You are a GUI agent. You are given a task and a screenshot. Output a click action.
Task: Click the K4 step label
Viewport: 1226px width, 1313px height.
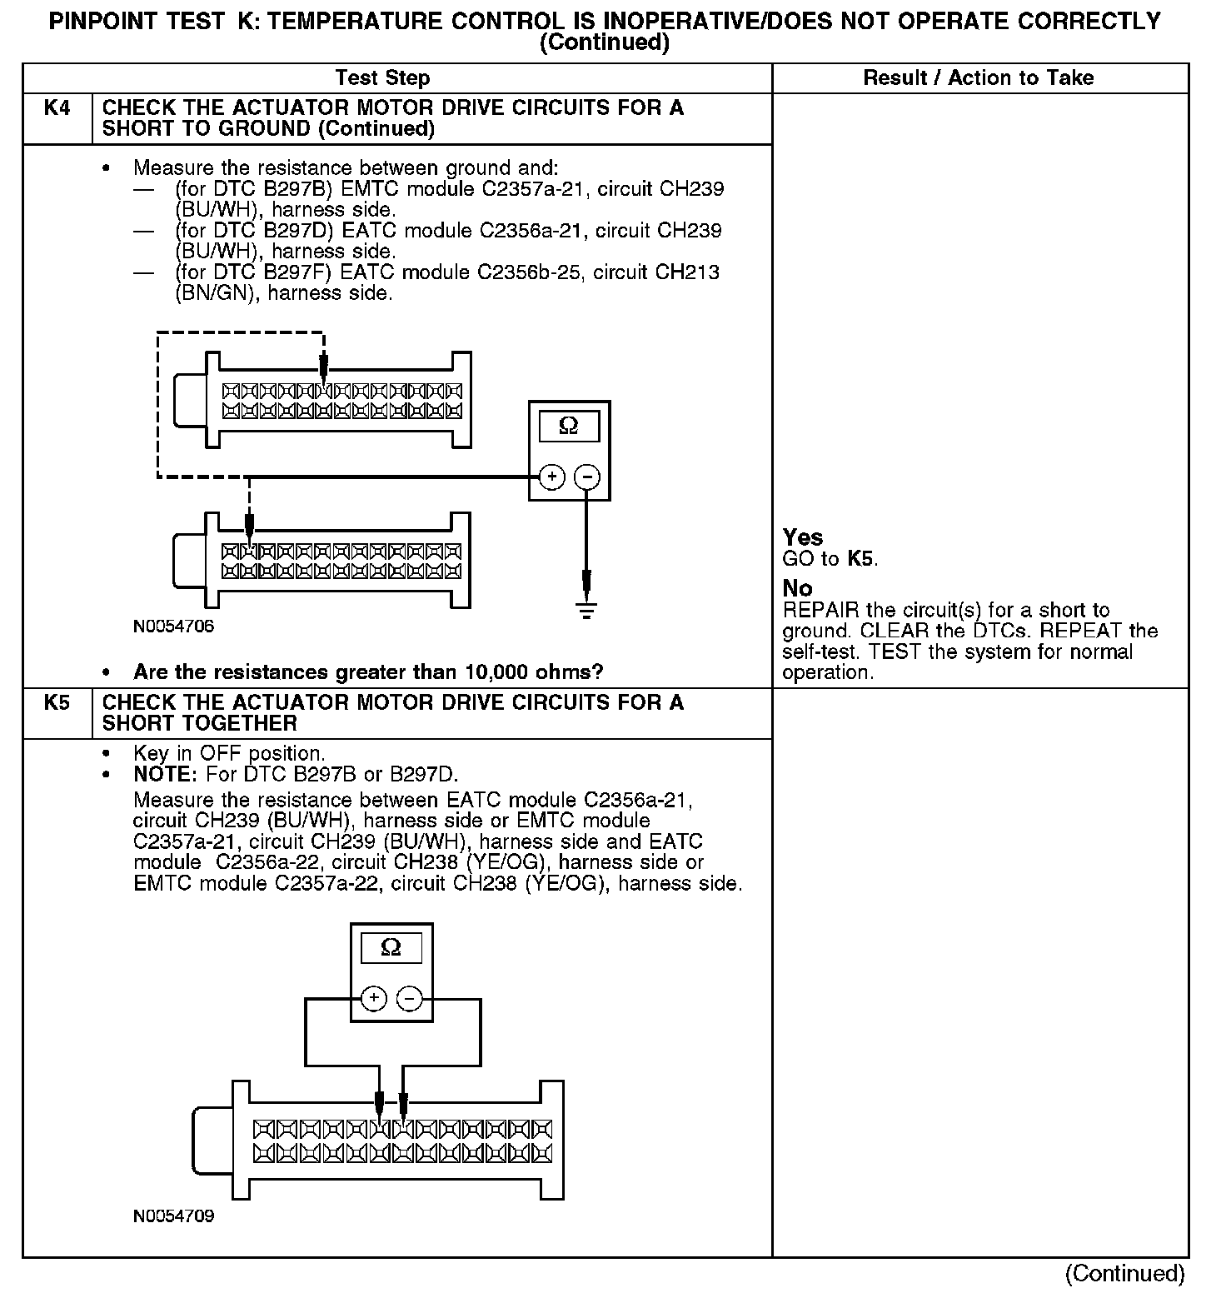pos(56,108)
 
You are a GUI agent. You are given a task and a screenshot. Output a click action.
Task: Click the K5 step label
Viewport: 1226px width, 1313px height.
pos(56,703)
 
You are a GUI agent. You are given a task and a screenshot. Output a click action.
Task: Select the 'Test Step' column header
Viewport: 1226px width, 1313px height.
pos(382,78)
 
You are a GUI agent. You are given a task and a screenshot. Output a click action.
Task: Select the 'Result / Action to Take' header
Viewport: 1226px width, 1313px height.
pos(978,78)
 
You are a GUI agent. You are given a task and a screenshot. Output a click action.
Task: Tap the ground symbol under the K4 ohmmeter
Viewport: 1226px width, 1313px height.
pos(586,611)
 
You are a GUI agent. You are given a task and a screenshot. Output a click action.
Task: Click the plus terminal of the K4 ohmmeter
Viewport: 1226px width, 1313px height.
pos(551,477)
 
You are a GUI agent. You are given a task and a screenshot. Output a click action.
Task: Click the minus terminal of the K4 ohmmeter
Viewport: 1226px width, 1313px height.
pos(587,477)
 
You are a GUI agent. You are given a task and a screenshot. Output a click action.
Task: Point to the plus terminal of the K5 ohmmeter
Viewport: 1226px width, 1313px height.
pos(374,998)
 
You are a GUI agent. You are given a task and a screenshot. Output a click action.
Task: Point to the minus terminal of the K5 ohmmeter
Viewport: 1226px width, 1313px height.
pos(409,998)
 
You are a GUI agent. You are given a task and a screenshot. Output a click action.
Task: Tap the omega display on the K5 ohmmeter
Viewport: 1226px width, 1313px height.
pos(390,948)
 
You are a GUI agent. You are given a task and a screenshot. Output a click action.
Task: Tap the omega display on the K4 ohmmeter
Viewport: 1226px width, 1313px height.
pos(569,427)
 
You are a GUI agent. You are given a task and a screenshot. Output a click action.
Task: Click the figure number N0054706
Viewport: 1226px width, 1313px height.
pos(173,627)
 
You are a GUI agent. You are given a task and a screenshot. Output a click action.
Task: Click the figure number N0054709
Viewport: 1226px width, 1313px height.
pos(173,1216)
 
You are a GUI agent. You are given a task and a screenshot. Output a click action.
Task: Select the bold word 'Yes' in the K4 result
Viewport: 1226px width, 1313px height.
pos(803,537)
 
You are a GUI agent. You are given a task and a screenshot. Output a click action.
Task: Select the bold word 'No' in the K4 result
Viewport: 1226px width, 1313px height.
pos(797,588)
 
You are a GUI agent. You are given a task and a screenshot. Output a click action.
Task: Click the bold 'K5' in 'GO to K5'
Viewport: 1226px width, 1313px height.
pos(861,559)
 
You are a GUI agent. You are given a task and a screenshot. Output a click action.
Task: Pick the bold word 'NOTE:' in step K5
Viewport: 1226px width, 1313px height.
pos(163,774)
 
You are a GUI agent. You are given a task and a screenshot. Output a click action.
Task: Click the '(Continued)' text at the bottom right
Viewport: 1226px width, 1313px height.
pos(1124,1274)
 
